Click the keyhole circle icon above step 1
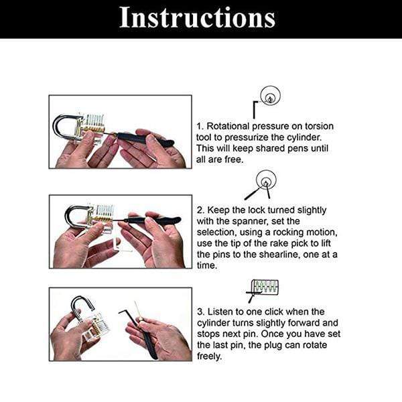270,96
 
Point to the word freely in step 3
210,356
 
